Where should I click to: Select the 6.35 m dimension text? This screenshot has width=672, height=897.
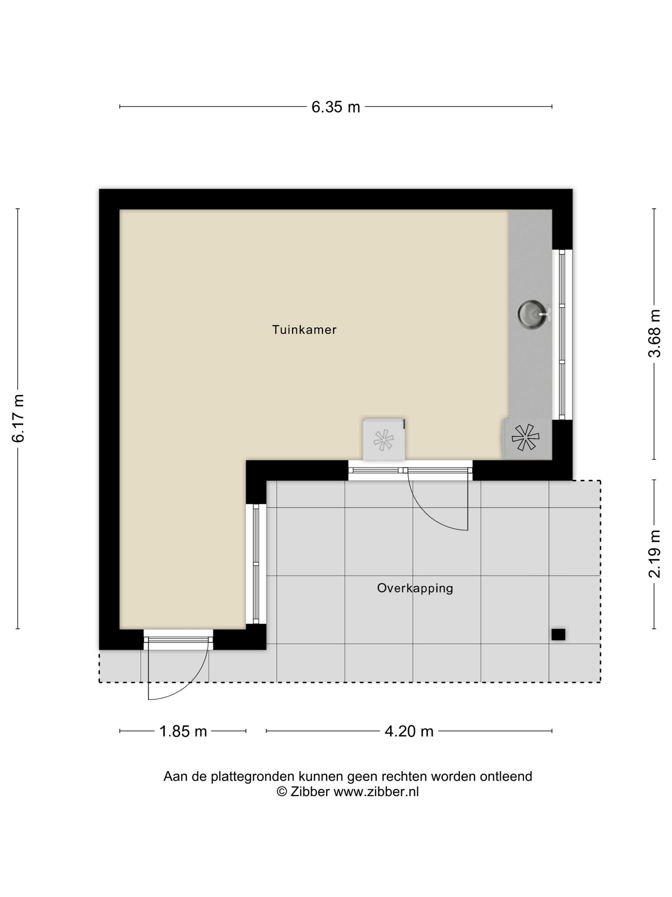[x=335, y=107]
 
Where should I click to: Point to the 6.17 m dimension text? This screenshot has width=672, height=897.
[x=19, y=418]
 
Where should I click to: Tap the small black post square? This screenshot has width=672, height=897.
[x=558, y=635]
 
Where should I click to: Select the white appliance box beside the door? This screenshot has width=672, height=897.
[x=384, y=440]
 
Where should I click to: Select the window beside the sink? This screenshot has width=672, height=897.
[x=562, y=334]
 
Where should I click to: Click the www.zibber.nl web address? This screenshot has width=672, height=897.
[x=376, y=792]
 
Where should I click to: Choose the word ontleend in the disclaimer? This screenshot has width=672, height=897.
[x=506, y=776]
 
